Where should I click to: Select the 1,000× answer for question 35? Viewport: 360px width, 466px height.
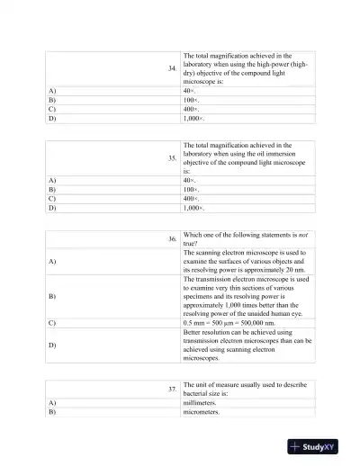(x=193, y=208)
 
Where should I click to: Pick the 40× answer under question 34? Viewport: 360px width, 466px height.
(x=189, y=91)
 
